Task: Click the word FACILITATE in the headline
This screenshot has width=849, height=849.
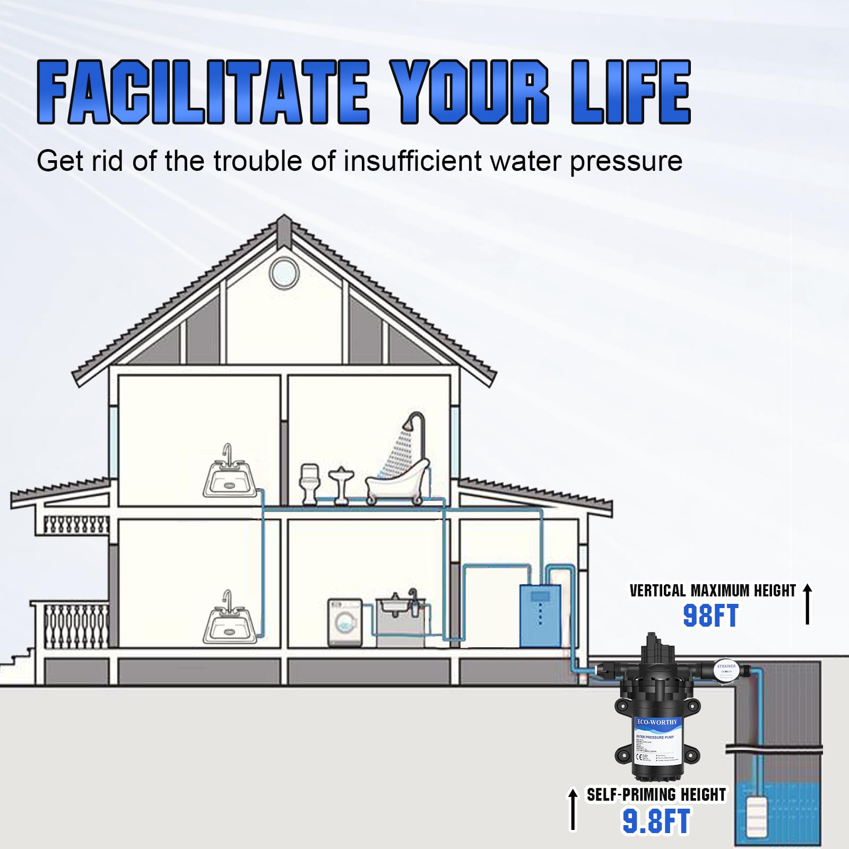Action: [x=203, y=92]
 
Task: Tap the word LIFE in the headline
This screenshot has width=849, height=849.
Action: [x=631, y=92]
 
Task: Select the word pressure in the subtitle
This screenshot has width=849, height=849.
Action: [x=626, y=161]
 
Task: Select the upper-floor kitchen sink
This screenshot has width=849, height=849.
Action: [x=228, y=477]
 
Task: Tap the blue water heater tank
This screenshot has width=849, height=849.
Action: [x=540, y=616]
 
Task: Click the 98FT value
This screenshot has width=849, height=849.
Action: [x=710, y=616]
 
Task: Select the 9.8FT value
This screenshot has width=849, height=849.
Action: [x=656, y=821]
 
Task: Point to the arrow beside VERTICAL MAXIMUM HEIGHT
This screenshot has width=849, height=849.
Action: [x=807, y=604]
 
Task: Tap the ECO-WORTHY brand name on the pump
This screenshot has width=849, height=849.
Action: [x=657, y=722]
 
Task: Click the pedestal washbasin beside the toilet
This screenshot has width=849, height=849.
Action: [x=340, y=484]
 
